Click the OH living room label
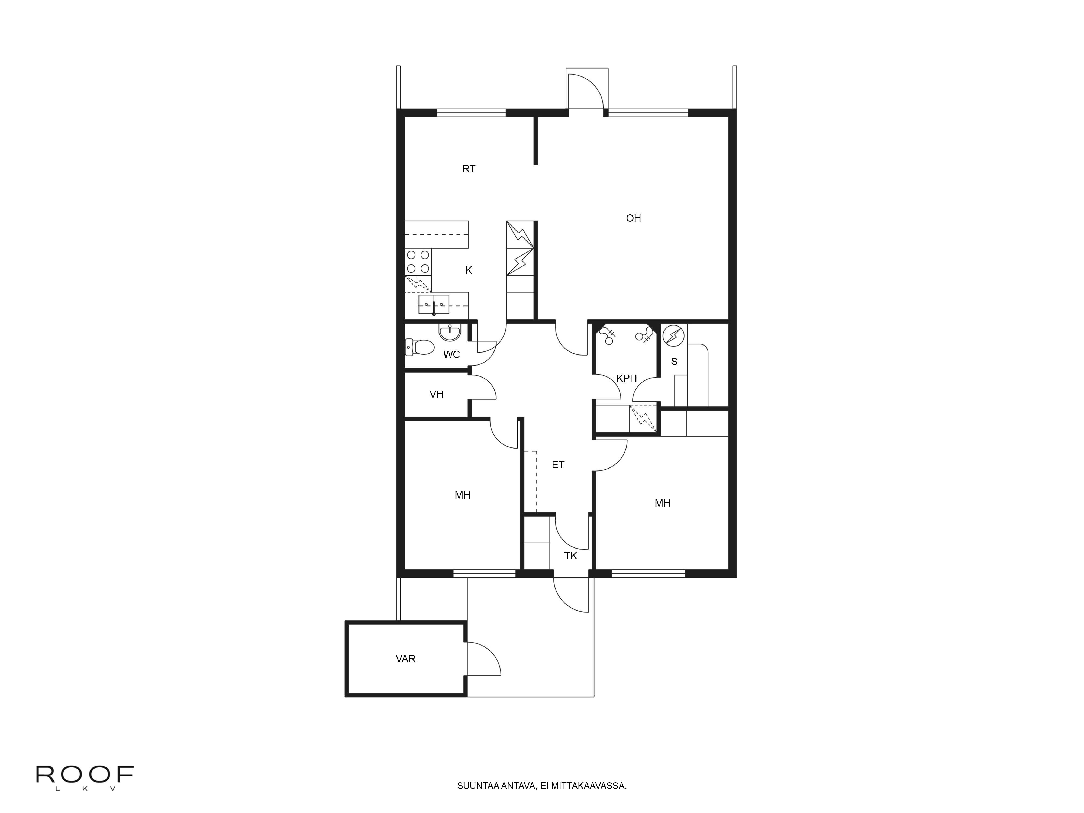633,218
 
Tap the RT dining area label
469,169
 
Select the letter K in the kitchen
469,270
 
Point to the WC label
451,354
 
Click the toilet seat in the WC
421,347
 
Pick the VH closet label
436,395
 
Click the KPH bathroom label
626,378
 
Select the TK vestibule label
570,556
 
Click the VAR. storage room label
407,659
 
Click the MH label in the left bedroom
462,495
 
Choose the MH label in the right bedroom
662,503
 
